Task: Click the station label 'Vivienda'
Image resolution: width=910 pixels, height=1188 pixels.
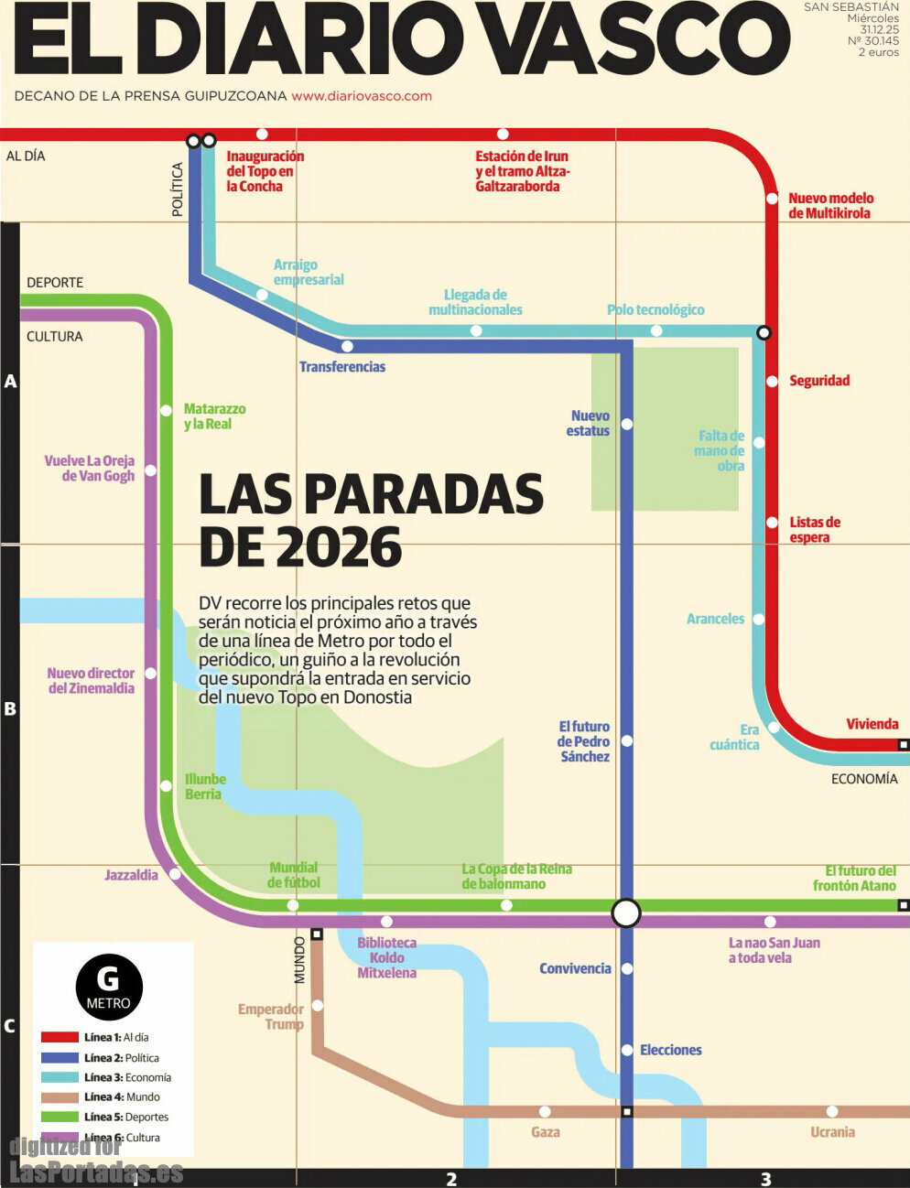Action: pyautogui.click(x=872, y=724)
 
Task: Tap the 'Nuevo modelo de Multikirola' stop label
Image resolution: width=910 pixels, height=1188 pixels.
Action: pyautogui.click(x=830, y=206)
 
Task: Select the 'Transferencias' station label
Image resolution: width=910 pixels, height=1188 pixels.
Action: pyautogui.click(x=342, y=367)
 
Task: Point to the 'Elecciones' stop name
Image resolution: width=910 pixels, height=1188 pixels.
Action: pyautogui.click(x=670, y=1051)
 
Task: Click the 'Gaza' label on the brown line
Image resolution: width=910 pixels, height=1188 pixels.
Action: pyautogui.click(x=545, y=1132)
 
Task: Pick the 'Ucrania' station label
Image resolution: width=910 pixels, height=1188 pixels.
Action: pyautogui.click(x=832, y=1132)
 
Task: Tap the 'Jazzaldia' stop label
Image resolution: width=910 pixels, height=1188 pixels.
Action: pyautogui.click(x=131, y=875)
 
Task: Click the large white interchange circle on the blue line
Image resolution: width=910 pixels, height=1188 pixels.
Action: pyautogui.click(x=626, y=913)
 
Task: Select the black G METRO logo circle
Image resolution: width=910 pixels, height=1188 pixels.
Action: pyautogui.click(x=109, y=988)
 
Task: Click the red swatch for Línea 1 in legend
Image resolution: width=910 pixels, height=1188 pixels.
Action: pyautogui.click(x=60, y=1038)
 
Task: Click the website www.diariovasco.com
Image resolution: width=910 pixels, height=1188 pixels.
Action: pyautogui.click(x=362, y=96)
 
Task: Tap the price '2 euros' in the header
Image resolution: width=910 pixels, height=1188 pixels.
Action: pyautogui.click(x=878, y=53)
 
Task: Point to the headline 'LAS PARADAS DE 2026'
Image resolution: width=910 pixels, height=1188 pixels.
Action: pyautogui.click(x=371, y=520)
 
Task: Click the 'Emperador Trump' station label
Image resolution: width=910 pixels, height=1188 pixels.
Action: pyautogui.click(x=271, y=1017)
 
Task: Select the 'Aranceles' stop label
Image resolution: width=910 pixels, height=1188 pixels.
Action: pyautogui.click(x=715, y=620)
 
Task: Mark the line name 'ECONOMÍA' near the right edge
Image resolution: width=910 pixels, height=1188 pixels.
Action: pyautogui.click(x=863, y=779)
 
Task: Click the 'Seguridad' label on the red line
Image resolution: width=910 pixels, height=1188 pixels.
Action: pyautogui.click(x=819, y=381)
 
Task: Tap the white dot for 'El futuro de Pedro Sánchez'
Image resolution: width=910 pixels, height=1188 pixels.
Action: pyautogui.click(x=627, y=741)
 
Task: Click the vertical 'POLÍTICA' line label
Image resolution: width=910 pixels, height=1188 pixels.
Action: pyautogui.click(x=178, y=189)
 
